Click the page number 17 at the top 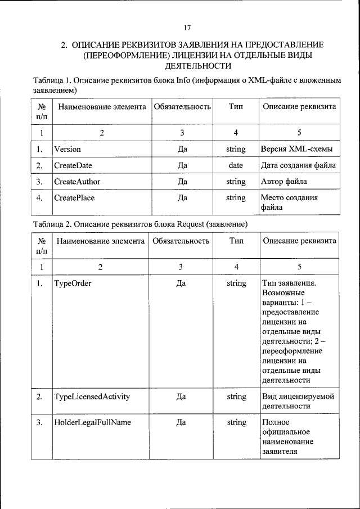point(188,28)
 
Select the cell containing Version point(67,150)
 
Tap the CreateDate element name point(73,165)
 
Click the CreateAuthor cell point(76,182)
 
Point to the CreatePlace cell point(74,198)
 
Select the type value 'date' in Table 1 point(236,165)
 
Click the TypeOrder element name point(73,283)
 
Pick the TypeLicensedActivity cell point(92,397)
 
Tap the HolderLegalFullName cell point(92,422)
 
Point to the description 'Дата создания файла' point(299,165)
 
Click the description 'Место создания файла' point(289,202)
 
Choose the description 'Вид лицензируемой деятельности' point(298,401)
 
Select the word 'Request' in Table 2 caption point(191,224)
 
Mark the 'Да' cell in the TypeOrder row point(181,283)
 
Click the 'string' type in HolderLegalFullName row point(236,422)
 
